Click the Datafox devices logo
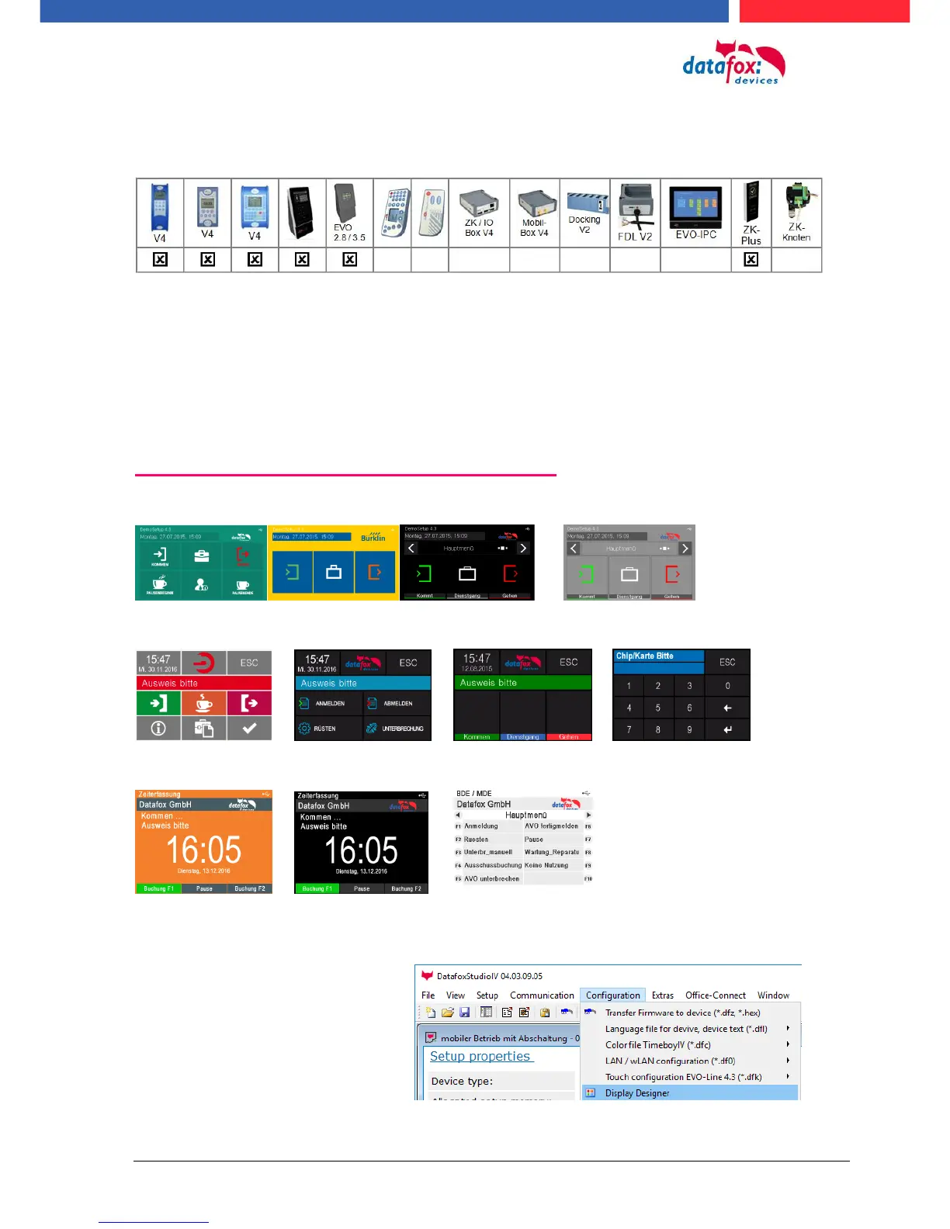[x=733, y=64]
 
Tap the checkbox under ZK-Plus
[x=751, y=260]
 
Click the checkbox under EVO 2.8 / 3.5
[x=349, y=260]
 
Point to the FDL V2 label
[x=634, y=237]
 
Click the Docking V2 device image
[x=584, y=203]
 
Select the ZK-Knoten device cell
[x=796, y=213]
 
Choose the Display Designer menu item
[x=637, y=1092]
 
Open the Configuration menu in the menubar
[x=612, y=995]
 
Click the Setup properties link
[x=480, y=1056]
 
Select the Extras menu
[x=662, y=995]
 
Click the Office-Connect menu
[x=715, y=995]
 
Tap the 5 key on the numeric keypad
[x=657, y=708]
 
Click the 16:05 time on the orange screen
[x=203, y=850]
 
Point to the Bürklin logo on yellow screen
[x=373, y=537]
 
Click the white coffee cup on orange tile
[x=203, y=703]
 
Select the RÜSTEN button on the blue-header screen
[x=325, y=729]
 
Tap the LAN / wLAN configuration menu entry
[x=670, y=1061]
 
